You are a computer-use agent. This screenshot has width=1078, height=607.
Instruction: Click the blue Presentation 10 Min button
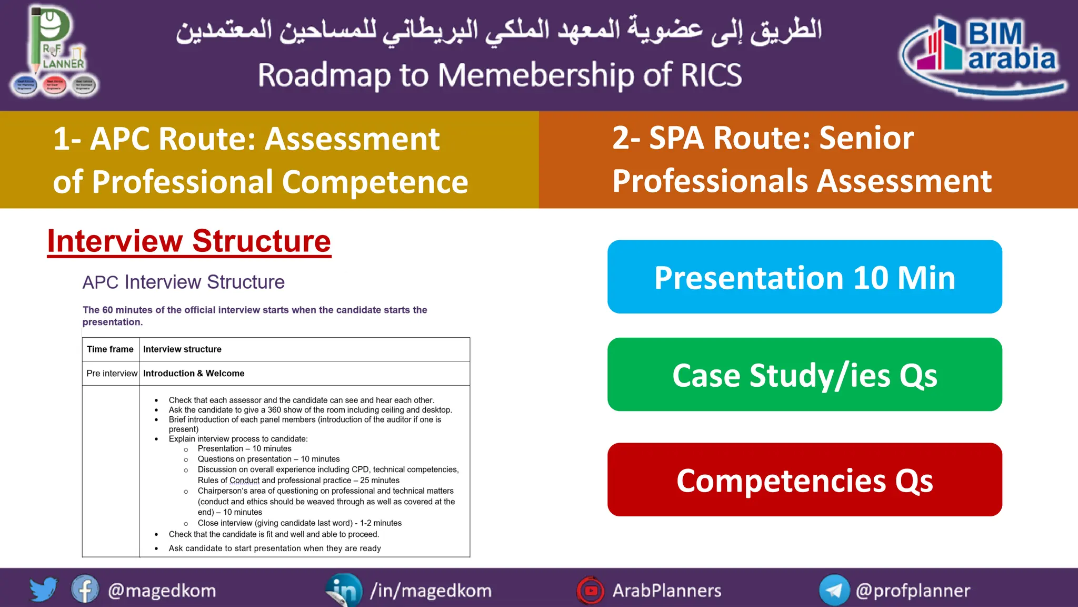[x=804, y=277]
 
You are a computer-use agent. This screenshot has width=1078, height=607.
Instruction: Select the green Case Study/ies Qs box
[x=804, y=375]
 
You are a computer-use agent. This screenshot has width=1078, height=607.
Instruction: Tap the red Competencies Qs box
[x=804, y=479]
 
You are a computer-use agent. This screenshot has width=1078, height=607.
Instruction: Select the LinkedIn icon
[x=344, y=590]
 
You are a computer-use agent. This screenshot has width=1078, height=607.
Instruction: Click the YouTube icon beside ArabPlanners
[x=591, y=590]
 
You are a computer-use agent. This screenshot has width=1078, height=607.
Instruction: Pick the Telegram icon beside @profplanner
[x=834, y=590]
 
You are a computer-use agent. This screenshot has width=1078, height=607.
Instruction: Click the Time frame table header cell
[x=110, y=349]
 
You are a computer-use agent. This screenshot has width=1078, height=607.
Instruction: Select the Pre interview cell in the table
[x=112, y=374]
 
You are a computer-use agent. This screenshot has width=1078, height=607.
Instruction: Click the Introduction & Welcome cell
[x=194, y=374]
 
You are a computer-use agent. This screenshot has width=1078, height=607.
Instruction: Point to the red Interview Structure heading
[x=189, y=241]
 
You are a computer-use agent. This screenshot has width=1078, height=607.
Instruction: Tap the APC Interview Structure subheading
[x=183, y=282]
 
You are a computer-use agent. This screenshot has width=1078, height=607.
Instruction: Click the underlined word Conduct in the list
[x=244, y=481]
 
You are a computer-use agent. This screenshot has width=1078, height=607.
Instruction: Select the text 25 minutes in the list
[x=380, y=481]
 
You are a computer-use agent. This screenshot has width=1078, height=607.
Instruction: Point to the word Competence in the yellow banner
[x=375, y=182]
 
